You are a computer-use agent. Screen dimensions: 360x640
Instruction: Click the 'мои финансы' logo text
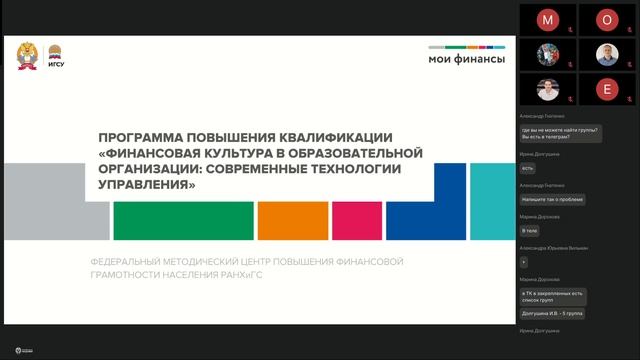pos(467,59)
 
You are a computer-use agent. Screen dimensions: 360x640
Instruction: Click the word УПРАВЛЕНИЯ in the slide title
pos(146,185)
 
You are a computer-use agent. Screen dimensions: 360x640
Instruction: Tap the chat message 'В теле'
pos(530,230)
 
